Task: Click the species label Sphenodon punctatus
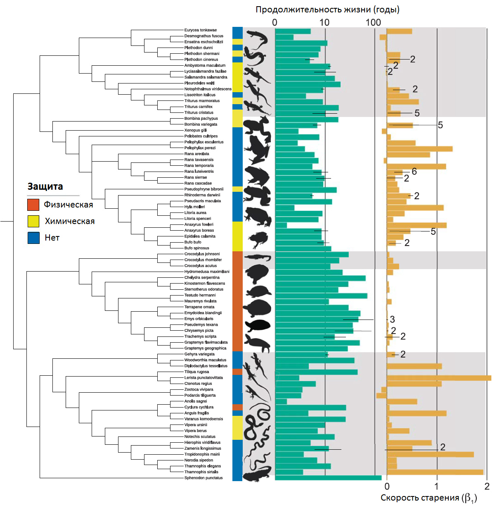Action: pyautogui.click(x=203, y=478)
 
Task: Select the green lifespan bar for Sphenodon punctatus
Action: pyautogui.click(x=328, y=478)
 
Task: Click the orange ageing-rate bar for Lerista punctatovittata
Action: pyautogui.click(x=439, y=378)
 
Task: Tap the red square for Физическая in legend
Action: pyautogui.click(x=33, y=205)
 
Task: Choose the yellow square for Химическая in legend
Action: pyautogui.click(x=33, y=221)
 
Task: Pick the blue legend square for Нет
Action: pyautogui.click(x=33, y=238)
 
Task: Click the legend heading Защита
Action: pyautogui.click(x=45, y=186)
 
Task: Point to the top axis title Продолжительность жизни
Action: pyautogui.click(x=327, y=10)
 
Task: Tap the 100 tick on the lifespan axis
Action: pyautogui.click(x=373, y=22)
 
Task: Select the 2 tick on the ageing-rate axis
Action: pyautogui.click(x=487, y=487)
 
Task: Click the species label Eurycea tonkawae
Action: pyautogui.click(x=200, y=30)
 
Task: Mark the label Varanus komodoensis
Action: pyautogui.click(x=204, y=419)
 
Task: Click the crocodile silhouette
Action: pyautogui.click(x=258, y=258)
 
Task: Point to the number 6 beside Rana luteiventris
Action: pyautogui.click(x=414, y=172)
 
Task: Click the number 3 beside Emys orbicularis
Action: pyautogui.click(x=392, y=320)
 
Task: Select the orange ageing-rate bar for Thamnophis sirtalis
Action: pyautogui.click(x=435, y=472)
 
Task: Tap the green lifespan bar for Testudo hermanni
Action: pyautogui.click(x=321, y=296)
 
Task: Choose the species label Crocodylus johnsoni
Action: pyautogui.click(x=202, y=254)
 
